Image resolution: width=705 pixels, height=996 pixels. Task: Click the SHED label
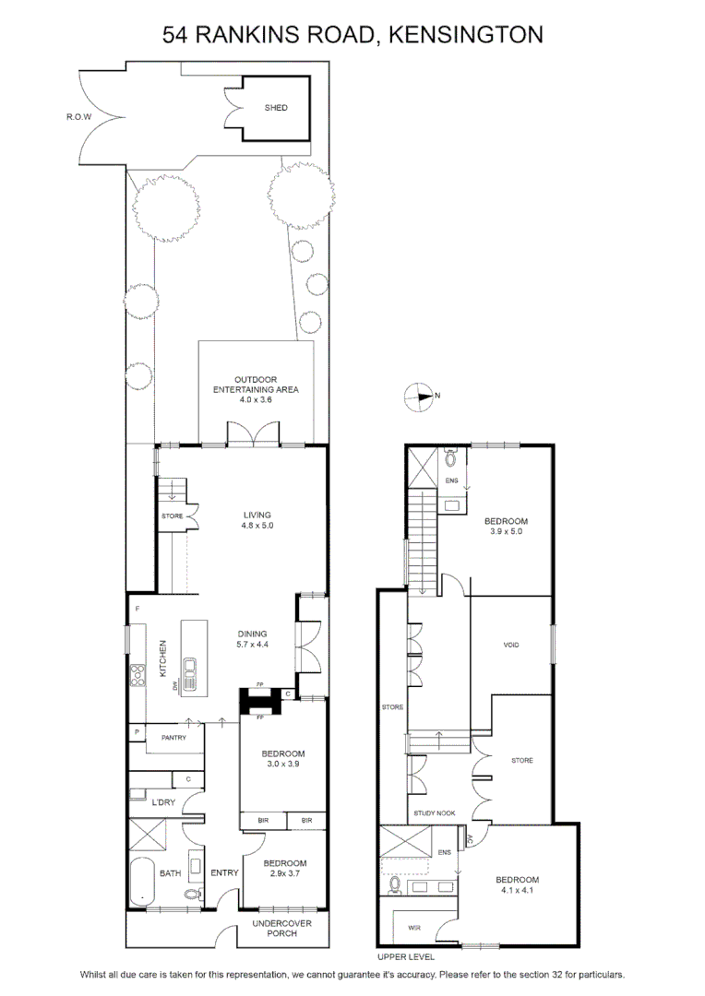[x=276, y=108]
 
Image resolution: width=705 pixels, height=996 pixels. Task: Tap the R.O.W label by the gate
[x=78, y=117]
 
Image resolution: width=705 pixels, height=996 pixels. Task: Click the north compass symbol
[x=419, y=397]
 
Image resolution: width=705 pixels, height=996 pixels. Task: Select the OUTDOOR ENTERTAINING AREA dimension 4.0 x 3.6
[x=256, y=399]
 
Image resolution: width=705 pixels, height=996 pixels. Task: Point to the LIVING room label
[x=257, y=516]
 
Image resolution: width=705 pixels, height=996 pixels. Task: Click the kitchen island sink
[x=189, y=667]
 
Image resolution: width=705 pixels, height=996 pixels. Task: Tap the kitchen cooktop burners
[x=137, y=674]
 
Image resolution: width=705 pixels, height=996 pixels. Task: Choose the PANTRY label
[x=173, y=738]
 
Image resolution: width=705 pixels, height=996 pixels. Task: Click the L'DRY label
[x=163, y=802]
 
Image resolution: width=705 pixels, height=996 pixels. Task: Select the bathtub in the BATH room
[x=142, y=883]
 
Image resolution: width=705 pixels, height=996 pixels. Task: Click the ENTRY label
[x=224, y=872]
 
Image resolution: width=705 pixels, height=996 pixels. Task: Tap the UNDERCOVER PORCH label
[x=281, y=928]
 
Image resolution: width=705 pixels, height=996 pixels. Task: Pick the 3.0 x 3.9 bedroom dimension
[x=283, y=764]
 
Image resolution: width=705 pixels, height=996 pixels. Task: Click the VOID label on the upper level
[x=511, y=645]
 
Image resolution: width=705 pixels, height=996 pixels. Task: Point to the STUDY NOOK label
[x=435, y=813]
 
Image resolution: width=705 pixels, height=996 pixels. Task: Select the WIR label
[x=413, y=928]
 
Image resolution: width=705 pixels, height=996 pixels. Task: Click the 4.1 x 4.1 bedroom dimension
[x=517, y=890]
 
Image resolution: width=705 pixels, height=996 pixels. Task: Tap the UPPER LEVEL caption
[x=406, y=956]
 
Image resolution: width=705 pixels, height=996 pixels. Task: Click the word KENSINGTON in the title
[x=465, y=34]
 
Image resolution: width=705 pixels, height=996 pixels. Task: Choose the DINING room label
[x=252, y=634]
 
